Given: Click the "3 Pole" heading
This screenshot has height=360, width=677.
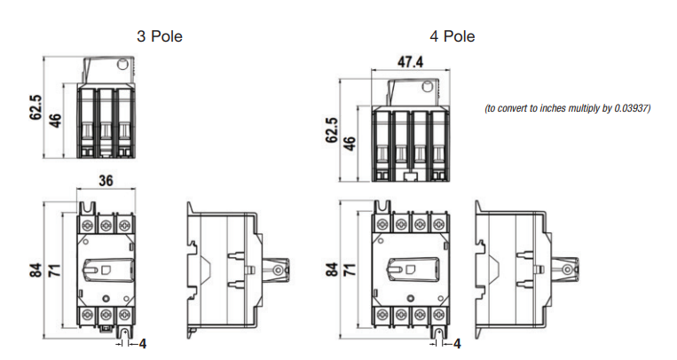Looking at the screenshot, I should (x=160, y=37).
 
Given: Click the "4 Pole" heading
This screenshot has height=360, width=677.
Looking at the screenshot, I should (x=453, y=37).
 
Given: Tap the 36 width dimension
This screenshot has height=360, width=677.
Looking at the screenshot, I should (x=106, y=182).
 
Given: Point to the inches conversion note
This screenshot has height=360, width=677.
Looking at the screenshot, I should (x=568, y=109).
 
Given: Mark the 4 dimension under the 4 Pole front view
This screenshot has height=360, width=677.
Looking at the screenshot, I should (x=457, y=342).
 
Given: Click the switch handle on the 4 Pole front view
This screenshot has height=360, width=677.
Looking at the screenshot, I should (x=406, y=268).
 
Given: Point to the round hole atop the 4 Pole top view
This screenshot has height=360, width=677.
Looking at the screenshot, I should (x=429, y=87).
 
